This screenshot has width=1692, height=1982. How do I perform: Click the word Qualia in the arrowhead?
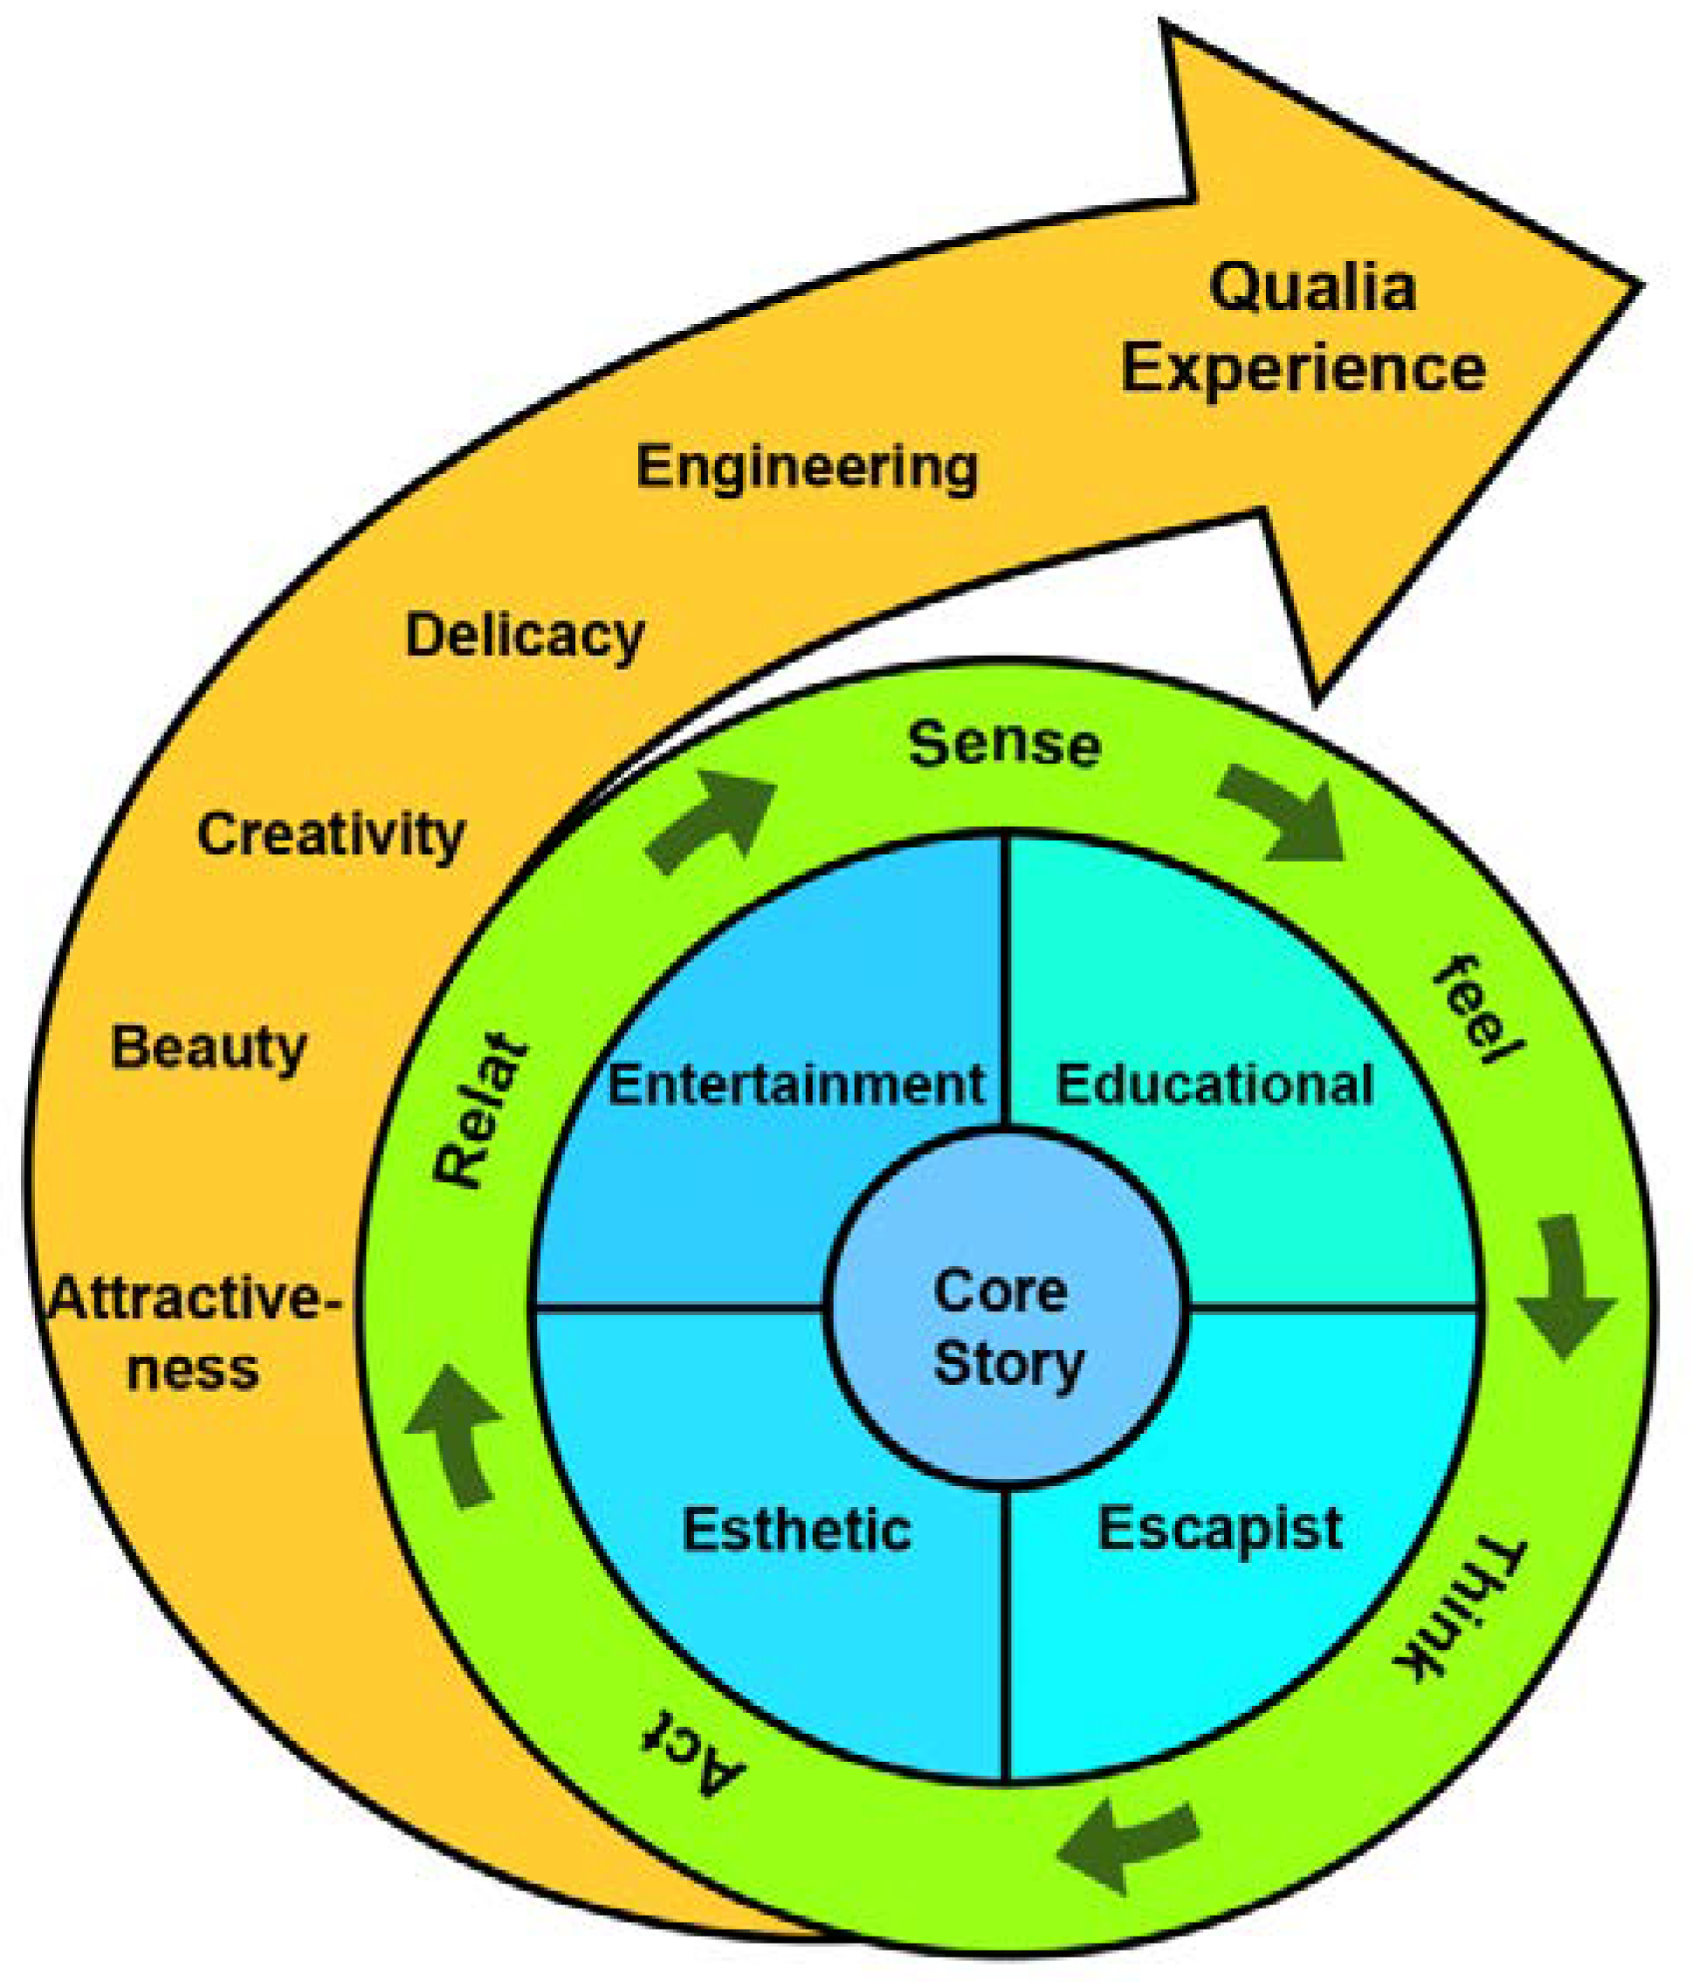[1312, 289]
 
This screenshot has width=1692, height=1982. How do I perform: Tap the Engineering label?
[808, 469]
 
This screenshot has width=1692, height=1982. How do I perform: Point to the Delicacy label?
[524, 637]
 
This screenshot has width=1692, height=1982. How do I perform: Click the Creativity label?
[331, 835]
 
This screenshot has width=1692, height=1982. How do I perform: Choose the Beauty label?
[209, 1049]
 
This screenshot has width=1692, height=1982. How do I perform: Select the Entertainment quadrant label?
[795, 1084]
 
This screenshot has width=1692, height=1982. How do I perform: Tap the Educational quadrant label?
[1214, 1084]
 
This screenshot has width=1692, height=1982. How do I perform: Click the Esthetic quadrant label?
[795, 1530]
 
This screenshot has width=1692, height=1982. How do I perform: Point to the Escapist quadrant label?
[1220, 1530]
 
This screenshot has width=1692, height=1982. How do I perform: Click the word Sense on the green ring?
[1004, 745]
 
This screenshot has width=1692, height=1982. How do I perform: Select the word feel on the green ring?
[1475, 1012]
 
